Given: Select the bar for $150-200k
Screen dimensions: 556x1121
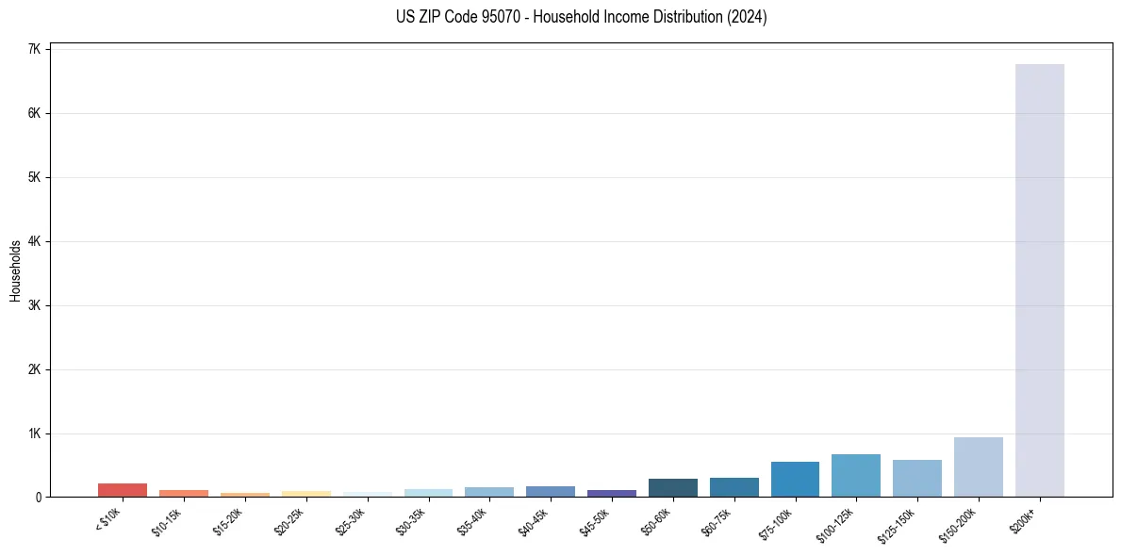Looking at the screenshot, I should (978, 466).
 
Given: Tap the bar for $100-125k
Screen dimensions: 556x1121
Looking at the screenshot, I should (855, 475).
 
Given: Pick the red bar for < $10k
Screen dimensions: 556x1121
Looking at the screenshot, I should (123, 490).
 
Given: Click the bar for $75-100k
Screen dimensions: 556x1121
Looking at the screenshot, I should (795, 479).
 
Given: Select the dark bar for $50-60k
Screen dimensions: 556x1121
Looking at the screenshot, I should (672, 487).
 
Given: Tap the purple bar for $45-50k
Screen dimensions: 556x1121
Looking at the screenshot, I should (611, 493).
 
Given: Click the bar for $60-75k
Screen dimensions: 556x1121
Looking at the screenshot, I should (734, 487).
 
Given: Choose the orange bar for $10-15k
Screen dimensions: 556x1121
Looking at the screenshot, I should (183, 493).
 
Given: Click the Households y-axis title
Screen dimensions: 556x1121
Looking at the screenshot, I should (15, 271).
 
